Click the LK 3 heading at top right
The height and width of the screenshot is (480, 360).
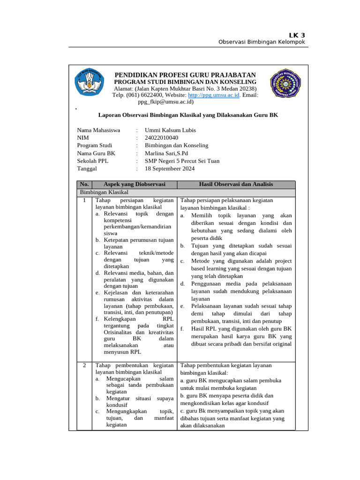pos(296,35)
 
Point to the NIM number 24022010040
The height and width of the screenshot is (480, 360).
pos(162,138)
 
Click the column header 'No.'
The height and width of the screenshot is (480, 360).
pos(84,185)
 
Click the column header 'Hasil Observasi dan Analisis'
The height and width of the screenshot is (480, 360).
pos(236,185)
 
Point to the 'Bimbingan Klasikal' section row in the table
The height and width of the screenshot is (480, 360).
pos(104,193)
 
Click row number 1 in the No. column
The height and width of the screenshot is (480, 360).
pos(84,201)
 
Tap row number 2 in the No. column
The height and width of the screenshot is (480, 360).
pos(84,365)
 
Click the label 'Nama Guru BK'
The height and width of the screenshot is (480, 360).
pos(96,153)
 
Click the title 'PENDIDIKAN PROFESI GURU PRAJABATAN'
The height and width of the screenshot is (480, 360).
pos(186,75)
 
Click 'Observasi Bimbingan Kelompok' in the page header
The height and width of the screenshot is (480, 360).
pos(262,42)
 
